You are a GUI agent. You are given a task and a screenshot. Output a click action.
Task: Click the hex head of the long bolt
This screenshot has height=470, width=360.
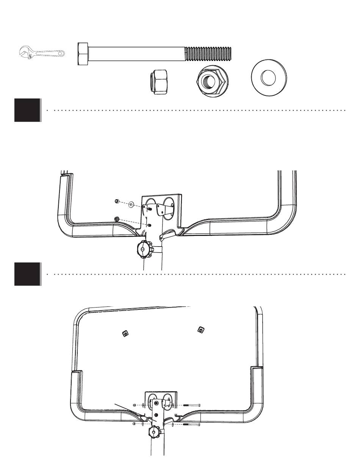click(x=83, y=54)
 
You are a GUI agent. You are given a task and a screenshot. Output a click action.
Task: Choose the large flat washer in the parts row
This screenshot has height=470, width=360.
click(x=269, y=78)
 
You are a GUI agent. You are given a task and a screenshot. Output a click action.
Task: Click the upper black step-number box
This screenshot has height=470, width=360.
click(x=27, y=110)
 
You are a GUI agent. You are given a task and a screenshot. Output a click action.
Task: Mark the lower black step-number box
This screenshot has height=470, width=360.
click(x=27, y=274)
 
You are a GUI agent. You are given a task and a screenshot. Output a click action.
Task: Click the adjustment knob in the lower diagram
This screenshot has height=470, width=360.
click(x=155, y=432)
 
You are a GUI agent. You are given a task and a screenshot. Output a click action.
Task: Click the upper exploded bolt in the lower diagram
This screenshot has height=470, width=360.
click(x=192, y=405)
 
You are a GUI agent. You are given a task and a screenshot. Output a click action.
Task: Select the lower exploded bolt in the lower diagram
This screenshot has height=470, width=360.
click(x=192, y=424)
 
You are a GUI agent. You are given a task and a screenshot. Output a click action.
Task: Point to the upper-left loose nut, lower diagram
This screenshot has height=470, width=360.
click(x=135, y=405)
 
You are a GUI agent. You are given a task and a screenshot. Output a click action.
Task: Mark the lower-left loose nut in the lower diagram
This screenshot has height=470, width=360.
click(x=135, y=424)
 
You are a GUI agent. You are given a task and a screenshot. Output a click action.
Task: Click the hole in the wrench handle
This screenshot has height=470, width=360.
click(x=60, y=53)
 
